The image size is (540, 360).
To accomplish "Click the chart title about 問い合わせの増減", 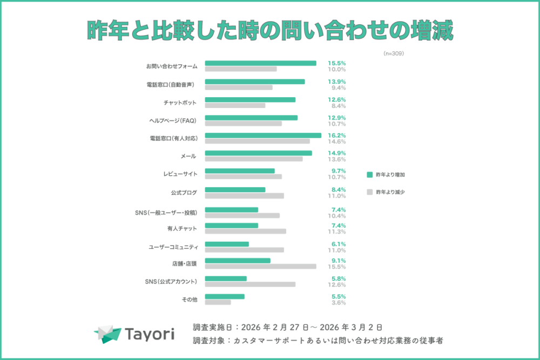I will pos(270,31).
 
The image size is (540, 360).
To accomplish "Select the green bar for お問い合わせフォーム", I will pos(260,63).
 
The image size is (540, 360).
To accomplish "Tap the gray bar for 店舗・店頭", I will pos(260,266).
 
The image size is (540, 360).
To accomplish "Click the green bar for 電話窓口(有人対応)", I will pos(263,135).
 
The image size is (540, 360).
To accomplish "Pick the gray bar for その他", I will pos(218,302).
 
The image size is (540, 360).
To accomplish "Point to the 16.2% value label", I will pos(336,135).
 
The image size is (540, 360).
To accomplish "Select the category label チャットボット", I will pos(180,103).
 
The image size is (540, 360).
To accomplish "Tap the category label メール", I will pos(188,156).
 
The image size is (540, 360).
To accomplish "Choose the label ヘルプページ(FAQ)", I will pos(173,120).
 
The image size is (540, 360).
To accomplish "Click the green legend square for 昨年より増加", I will pos(370,174).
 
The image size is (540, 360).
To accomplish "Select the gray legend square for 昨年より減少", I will pos(370,192).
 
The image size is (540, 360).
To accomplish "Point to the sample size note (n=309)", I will pos(394,54).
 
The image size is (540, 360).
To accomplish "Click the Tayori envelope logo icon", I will pos(107,334).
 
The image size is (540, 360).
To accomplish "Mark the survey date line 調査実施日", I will pos(288,327).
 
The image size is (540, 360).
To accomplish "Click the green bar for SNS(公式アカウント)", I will pos(226,279).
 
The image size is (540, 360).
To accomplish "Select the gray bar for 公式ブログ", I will pos(244,195).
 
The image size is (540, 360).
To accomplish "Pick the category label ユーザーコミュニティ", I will pos(173,247).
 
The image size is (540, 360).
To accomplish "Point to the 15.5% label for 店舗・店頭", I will pos(336,266).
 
